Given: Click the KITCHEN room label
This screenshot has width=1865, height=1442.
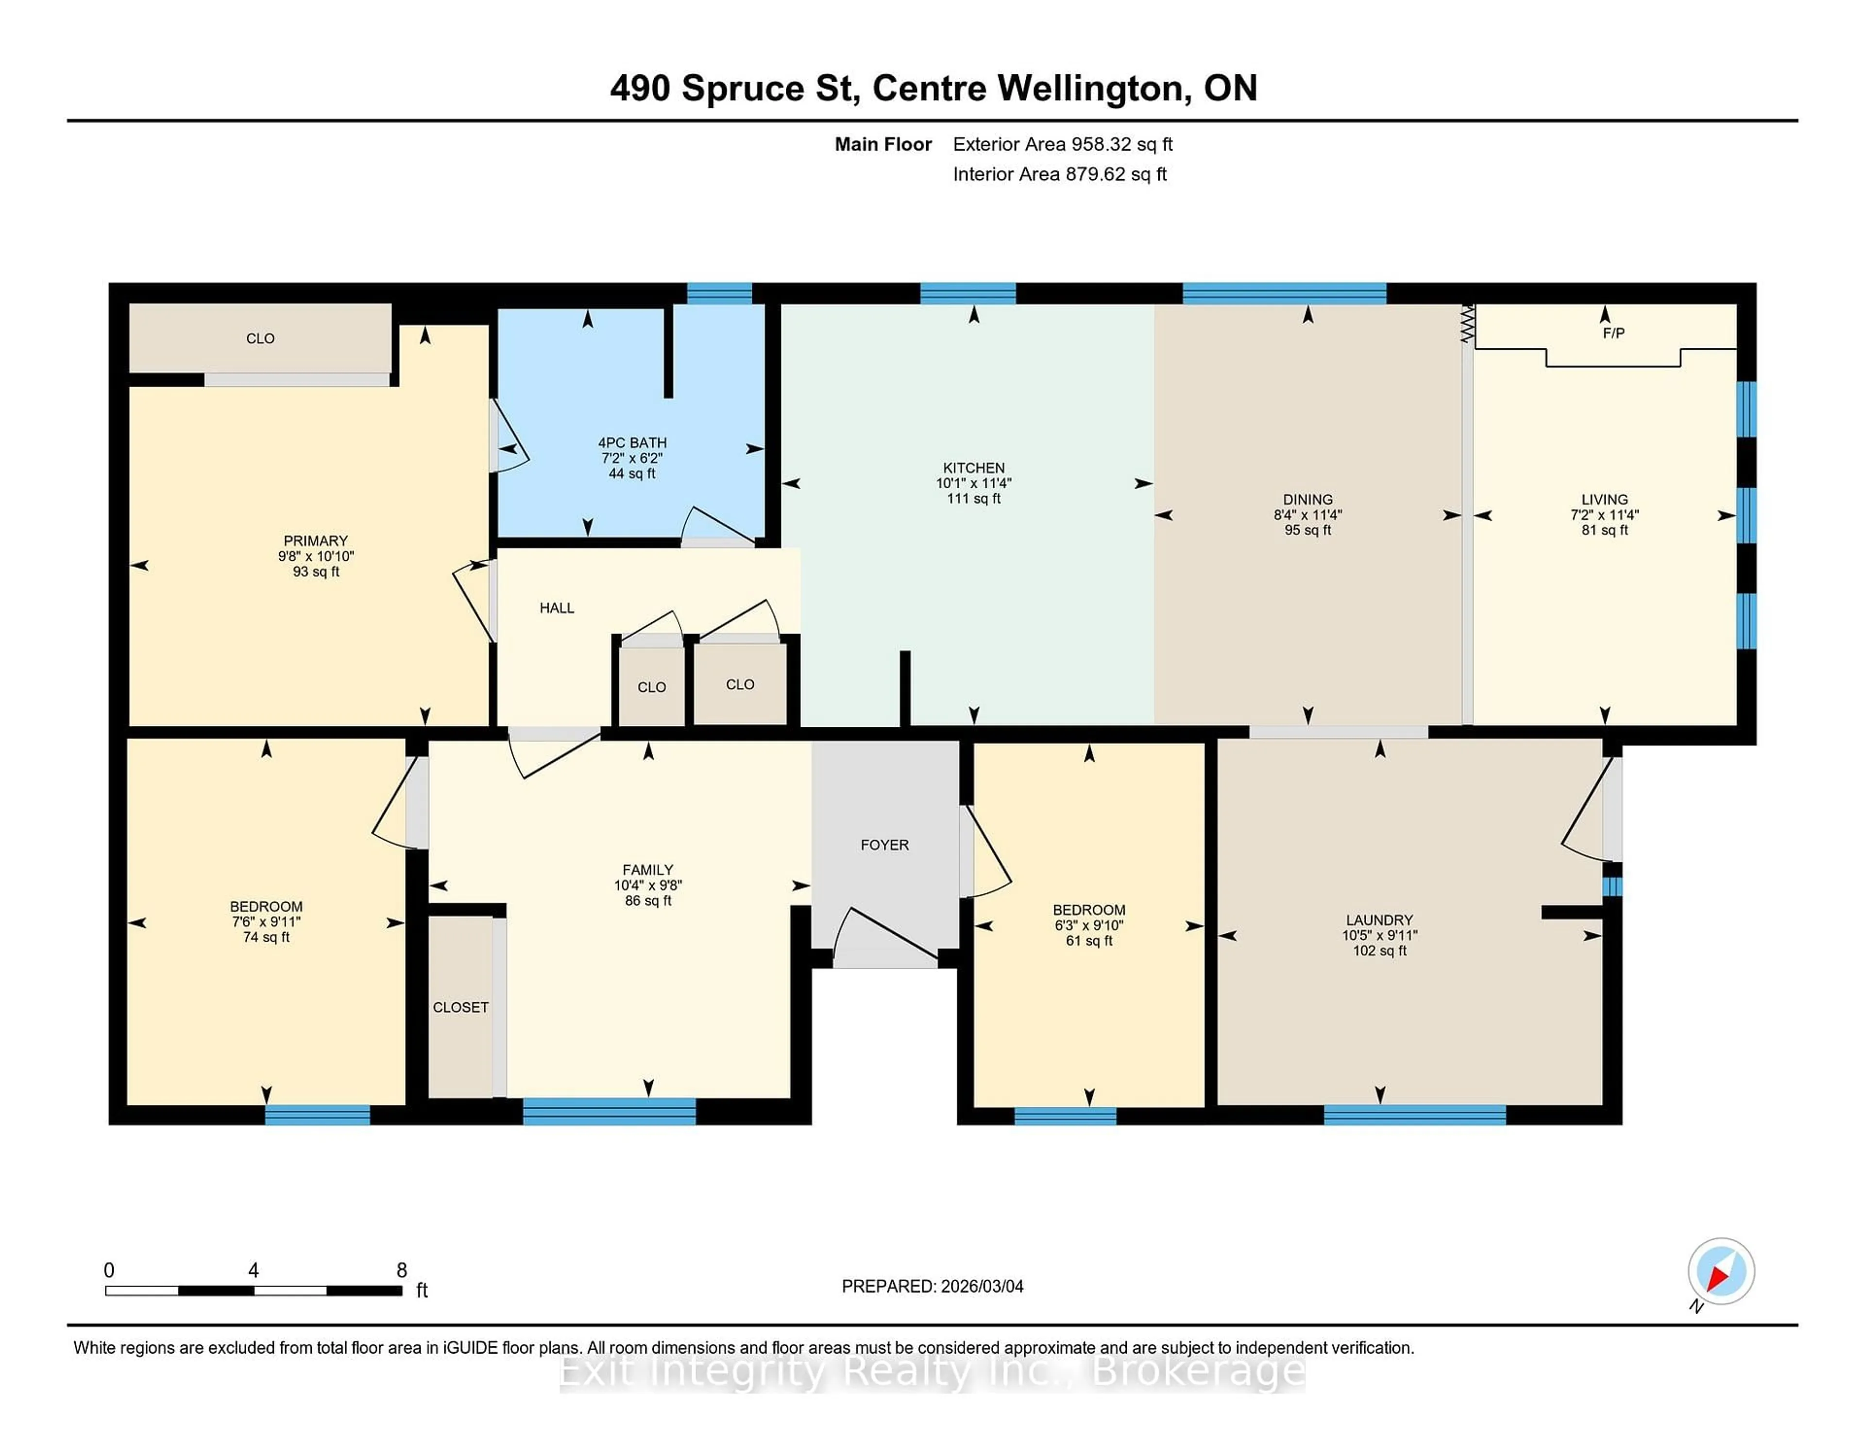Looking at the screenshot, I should click(973, 468).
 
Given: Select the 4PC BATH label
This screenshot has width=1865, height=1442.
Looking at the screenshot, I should click(632, 443).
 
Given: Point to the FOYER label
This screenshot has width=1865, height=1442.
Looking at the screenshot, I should click(885, 845).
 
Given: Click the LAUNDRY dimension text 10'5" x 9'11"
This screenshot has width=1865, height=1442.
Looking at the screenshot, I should click(1379, 935).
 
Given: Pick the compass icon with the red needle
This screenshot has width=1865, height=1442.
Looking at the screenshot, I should click(1721, 1271).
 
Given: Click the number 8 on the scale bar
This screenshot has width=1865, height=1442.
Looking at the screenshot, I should click(401, 1270).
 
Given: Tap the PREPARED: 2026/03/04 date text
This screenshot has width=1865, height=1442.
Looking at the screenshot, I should click(932, 1287).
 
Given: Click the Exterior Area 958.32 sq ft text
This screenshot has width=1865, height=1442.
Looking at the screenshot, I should click(1062, 144).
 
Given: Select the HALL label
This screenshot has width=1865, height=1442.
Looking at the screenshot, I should click(557, 608).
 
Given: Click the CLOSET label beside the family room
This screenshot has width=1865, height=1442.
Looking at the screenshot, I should click(460, 1007).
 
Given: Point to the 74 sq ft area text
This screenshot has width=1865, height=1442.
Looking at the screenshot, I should click(267, 937).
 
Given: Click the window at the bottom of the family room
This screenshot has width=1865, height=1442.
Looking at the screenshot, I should click(609, 1111).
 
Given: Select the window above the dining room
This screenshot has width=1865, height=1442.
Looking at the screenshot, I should click(1284, 294).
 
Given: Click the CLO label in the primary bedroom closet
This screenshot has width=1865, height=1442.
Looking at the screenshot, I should click(260, 338).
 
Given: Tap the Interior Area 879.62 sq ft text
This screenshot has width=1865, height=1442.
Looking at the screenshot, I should click(1060, 174).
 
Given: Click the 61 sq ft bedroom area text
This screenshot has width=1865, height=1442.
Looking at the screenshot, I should click(1089, 941).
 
